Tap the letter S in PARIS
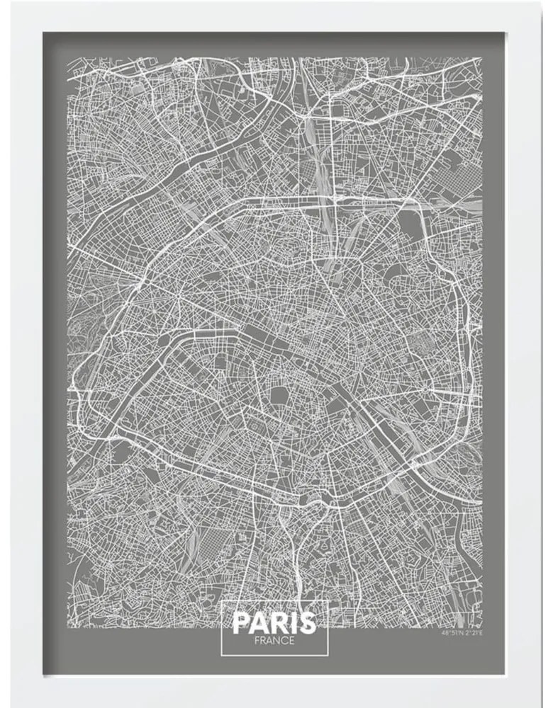click(306, 624)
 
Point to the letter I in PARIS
click(291, 624)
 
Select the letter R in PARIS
click(277, 624)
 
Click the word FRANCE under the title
click(274, 641)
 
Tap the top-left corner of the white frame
click(4, 4)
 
